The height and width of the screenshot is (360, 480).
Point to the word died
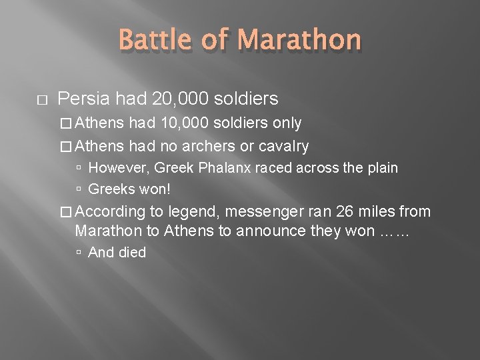tap(131, 253)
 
